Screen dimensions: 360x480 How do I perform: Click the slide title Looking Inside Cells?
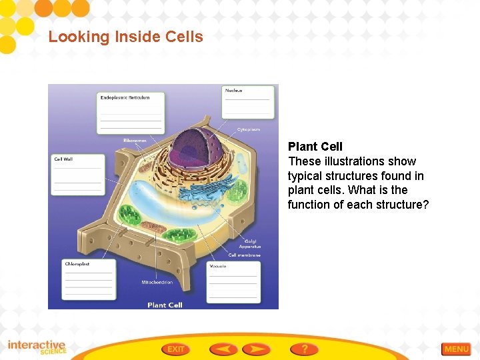coord(125,37)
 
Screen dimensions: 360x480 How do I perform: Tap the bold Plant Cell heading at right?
coord(315,147)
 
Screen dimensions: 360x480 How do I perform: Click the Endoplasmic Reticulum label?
coord(125,98)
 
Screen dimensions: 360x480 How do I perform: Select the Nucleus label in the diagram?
coord(233,91)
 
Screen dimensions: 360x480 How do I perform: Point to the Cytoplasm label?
coord(249,129)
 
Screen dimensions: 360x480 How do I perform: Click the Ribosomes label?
coord(135,141)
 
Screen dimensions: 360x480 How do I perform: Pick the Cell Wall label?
coord(63,159)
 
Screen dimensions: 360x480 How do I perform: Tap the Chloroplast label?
coord(77,264)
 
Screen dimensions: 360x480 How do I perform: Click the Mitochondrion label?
coord(157,283)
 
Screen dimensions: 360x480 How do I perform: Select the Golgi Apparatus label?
coord(249,244)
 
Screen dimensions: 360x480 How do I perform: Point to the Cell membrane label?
coord(244,255)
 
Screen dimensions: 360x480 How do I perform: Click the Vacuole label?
coord(218,267)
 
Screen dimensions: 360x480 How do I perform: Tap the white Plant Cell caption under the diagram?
coord(165,305)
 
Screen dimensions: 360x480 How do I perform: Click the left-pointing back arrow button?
coord(223,349)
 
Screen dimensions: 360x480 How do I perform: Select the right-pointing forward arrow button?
coord(256,349)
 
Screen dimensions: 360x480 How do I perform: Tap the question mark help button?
coord(304,349)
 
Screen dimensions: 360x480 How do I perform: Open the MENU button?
coord(456,349)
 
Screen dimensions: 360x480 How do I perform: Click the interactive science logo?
coord(37,347)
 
